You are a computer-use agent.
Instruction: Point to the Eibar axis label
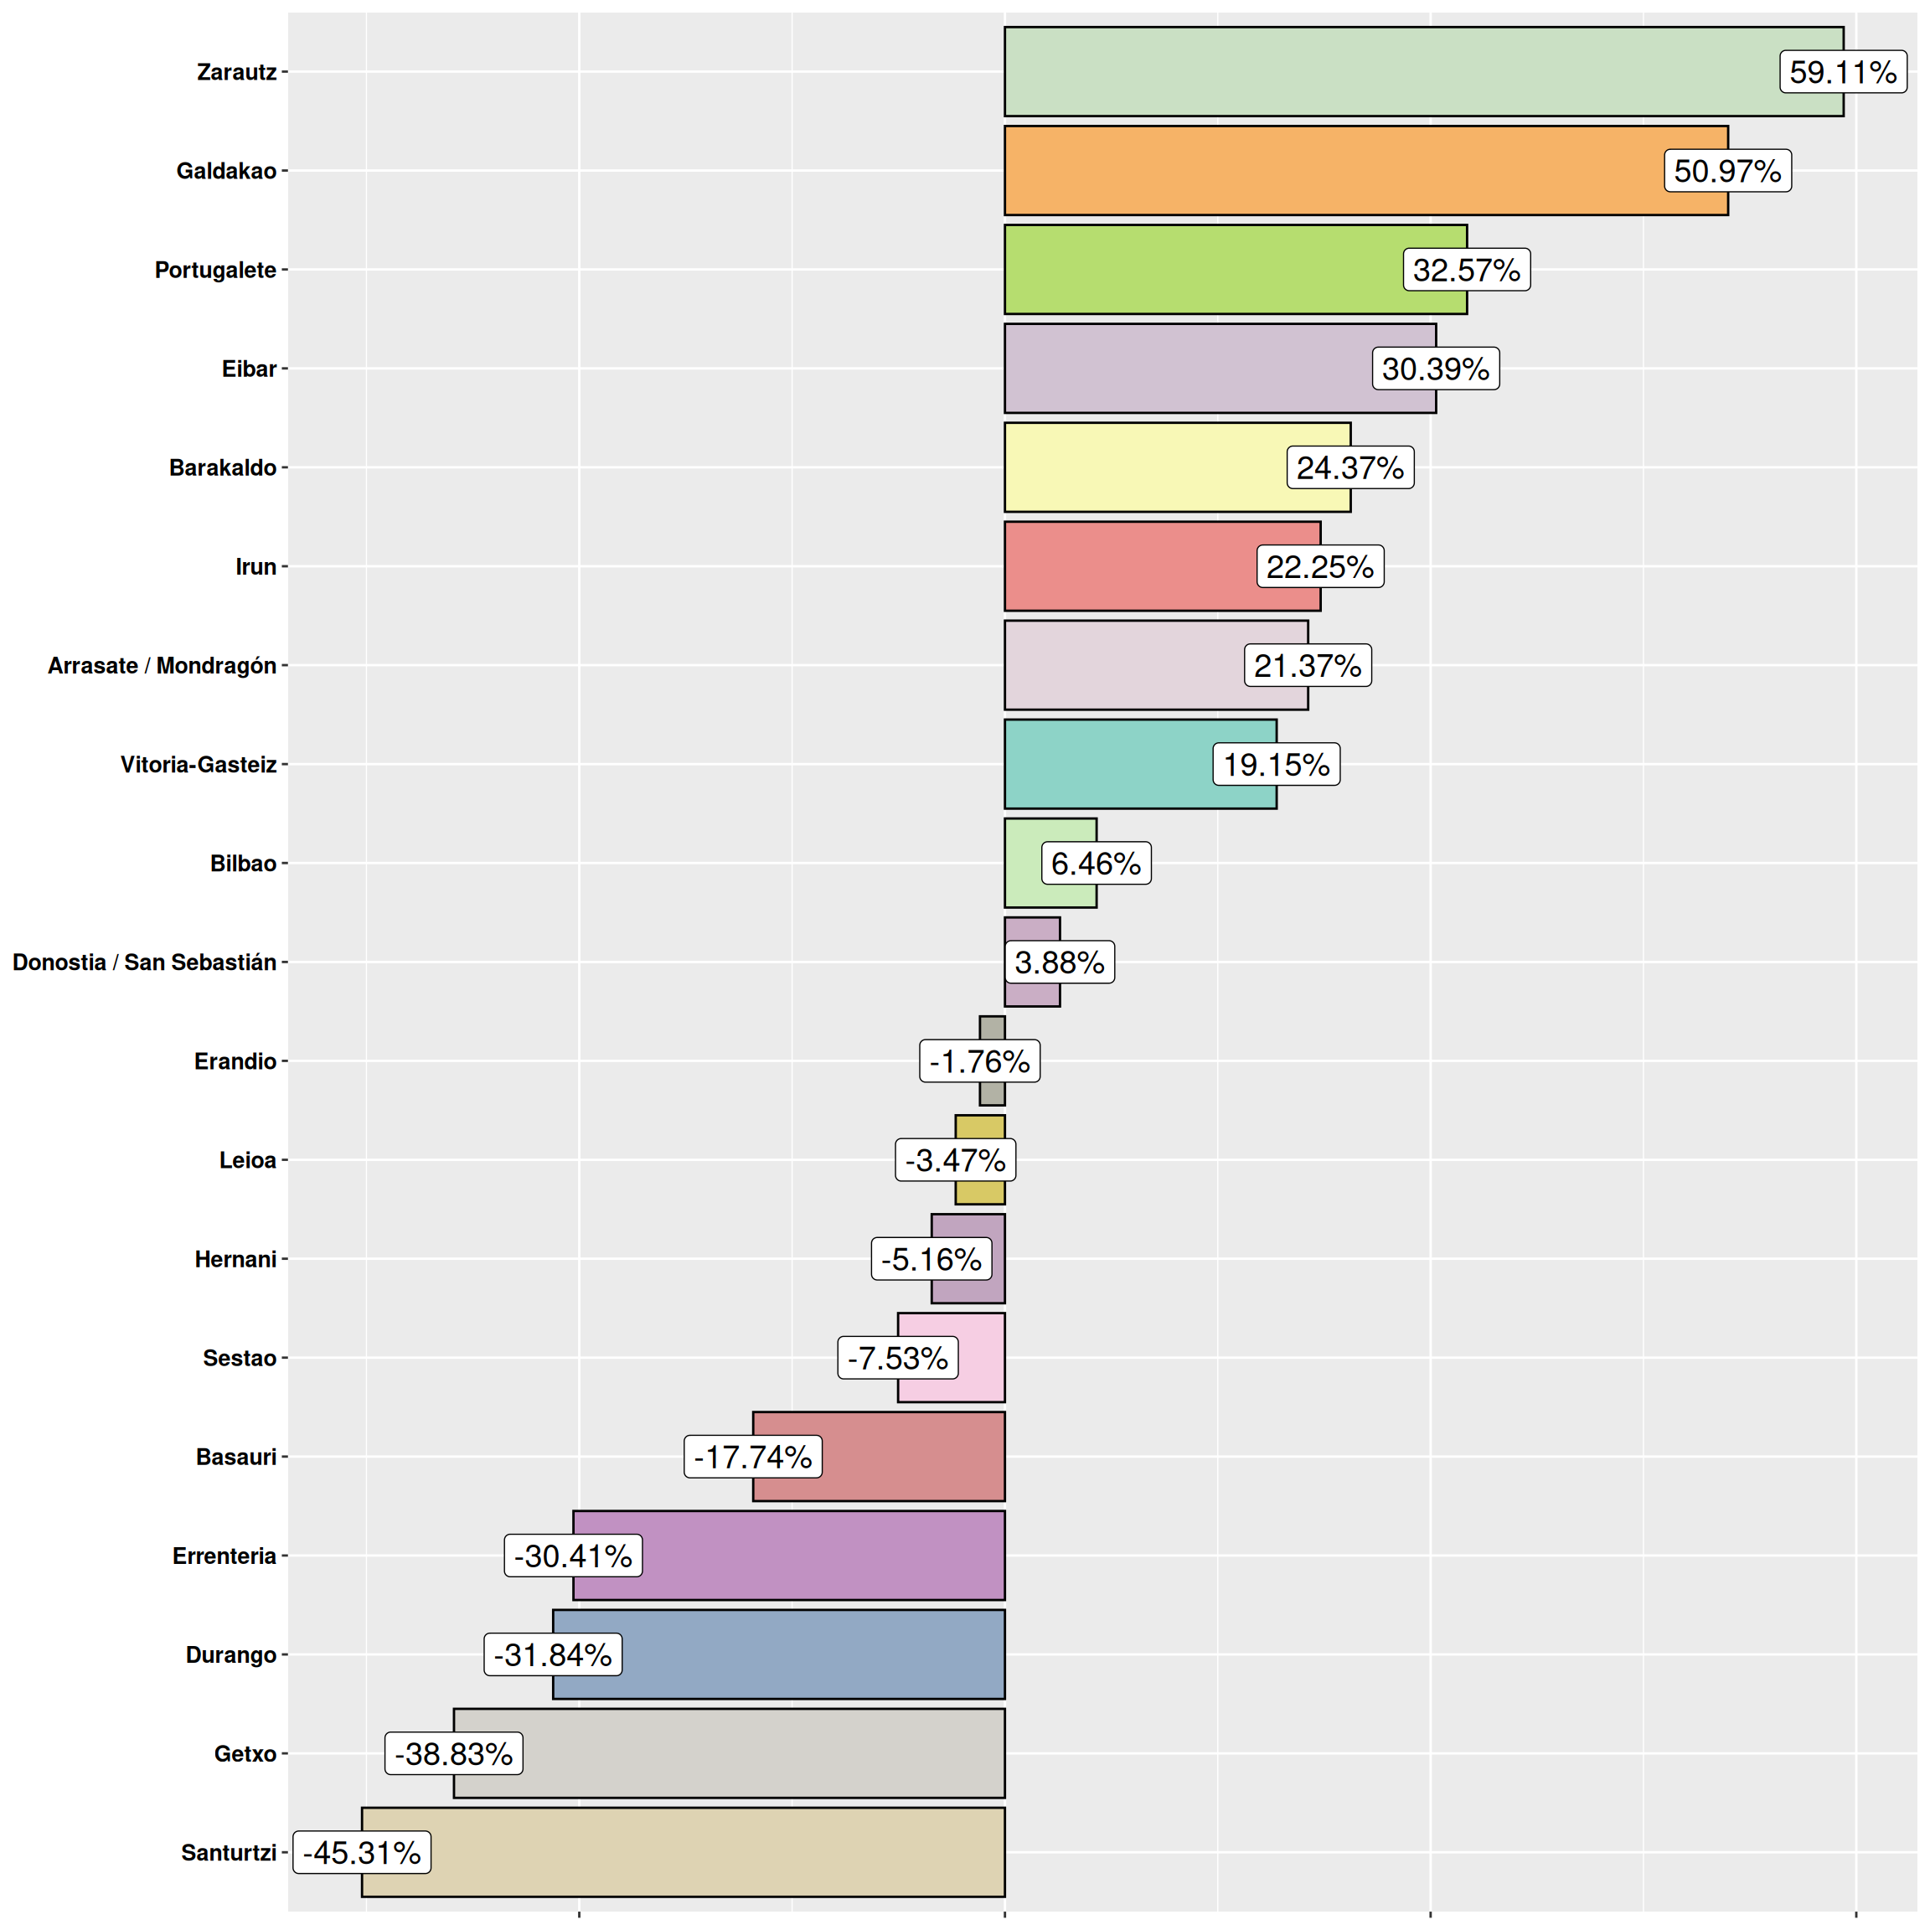click(249, 369)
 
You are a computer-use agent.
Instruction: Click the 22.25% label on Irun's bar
click(1319, 566)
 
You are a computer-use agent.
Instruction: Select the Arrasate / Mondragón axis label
click(162, 665)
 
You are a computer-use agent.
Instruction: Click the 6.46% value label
click(1096, 863)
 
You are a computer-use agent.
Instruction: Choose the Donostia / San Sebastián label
click(144, 962)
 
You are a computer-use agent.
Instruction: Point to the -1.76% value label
click(979, 1060)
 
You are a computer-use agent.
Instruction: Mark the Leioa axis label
click(248, 1160)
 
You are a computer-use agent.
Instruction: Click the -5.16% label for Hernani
click(931, 1259)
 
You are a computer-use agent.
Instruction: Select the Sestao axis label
click(240, 1358)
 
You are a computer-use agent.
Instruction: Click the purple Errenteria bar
click(819, 1556)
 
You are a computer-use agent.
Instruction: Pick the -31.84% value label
click(552, 1654)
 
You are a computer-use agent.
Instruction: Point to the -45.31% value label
click(362, 1852)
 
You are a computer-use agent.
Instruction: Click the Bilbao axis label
click(243, 863)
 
